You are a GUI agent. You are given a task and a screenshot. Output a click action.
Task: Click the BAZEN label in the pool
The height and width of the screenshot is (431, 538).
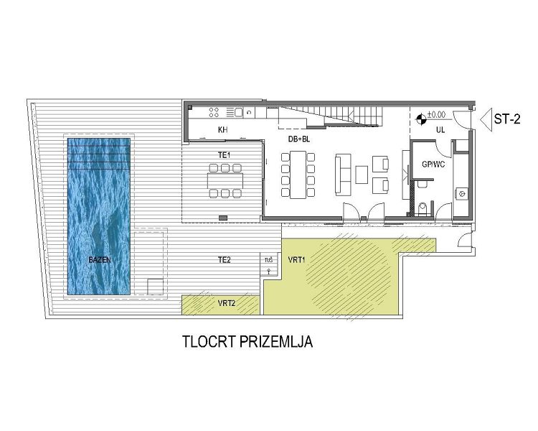(x=100, y=260)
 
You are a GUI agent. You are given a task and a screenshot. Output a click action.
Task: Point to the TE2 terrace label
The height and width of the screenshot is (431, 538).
(x=224, y=259)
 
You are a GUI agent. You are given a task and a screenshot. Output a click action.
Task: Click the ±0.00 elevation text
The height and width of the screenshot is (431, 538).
(x=437, y=114)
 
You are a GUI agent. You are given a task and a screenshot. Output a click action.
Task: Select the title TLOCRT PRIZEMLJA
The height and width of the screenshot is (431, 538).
(x=247, y=343)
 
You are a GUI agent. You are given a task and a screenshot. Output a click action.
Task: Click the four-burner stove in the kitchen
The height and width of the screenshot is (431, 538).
(x=214, y=112)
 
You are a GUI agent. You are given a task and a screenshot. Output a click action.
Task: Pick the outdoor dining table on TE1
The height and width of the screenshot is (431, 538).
(x=225, y=180)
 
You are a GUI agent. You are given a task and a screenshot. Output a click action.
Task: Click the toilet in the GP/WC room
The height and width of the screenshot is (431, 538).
(x=423, y=208)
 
